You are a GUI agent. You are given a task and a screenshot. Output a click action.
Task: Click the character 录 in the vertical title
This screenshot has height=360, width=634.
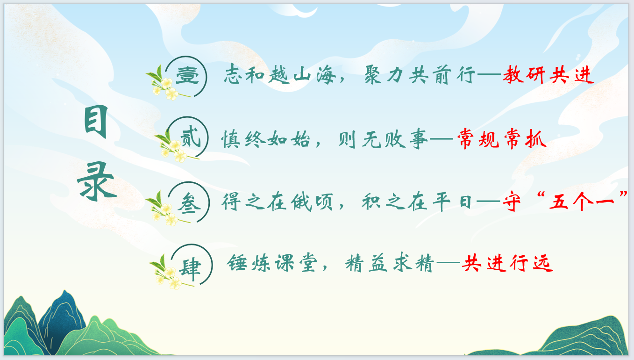pos(97,181)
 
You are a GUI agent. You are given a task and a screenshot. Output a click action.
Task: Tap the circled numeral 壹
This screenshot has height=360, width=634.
pos(187,76)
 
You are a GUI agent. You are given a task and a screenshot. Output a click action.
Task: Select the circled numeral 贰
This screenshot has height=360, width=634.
pos(191,137)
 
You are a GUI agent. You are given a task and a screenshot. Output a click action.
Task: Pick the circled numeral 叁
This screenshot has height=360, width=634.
pos(189,203)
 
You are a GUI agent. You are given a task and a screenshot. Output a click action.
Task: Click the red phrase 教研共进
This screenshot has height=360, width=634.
pos(548,74)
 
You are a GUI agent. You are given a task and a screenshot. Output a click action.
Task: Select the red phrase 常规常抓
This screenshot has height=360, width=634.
pos(502,138)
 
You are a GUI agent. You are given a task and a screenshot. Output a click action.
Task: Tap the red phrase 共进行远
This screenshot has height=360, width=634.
pos(507,263)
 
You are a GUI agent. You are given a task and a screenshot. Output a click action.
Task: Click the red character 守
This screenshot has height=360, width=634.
pos(512,202)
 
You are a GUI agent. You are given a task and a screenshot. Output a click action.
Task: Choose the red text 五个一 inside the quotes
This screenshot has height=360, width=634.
pos(582,202)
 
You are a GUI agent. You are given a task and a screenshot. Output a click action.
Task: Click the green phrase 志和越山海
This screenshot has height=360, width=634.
pos(280,74)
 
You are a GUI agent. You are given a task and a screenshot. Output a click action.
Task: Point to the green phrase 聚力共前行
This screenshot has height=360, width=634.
pos(420,74)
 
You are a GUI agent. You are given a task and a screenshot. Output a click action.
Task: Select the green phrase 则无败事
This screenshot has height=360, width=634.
pos(383,139)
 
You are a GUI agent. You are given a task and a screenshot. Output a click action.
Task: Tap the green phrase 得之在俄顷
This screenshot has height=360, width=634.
pos(278,202)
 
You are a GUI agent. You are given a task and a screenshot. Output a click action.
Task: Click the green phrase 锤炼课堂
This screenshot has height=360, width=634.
pos(272,263)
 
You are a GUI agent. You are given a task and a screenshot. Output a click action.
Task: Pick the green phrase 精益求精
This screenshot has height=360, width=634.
pos(390,263)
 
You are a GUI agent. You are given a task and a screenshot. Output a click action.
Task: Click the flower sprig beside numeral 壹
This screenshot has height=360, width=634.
pos(167,83)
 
